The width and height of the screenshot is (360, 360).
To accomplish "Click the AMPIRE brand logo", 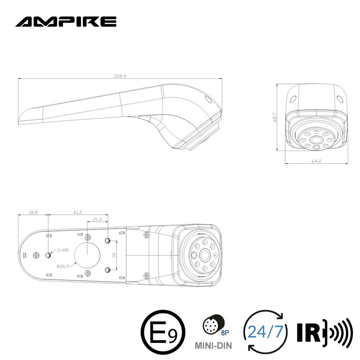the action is (66, 22).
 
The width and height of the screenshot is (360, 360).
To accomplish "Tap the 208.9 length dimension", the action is (120, 76).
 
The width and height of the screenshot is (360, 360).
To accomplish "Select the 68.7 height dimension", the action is (274, 117).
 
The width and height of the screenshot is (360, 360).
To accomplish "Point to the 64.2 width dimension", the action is (316, 161).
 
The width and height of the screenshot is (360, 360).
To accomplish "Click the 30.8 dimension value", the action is (33, 212).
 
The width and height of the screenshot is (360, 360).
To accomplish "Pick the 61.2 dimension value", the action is (77, 212).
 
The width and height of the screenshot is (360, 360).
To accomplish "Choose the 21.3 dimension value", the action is (97, 219).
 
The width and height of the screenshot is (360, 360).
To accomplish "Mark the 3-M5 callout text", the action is (63, 250).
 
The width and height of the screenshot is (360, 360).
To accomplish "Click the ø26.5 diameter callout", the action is (63, 266).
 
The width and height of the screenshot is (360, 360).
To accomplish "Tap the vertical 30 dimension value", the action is (114, 255).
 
